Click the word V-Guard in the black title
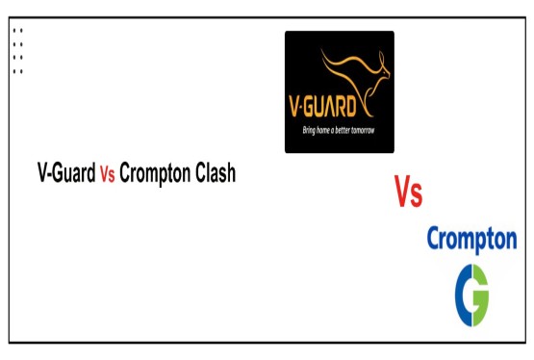65,174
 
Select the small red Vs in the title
107,175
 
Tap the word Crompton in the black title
154,175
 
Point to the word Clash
214,174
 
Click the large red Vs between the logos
408,192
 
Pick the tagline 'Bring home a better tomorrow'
339,130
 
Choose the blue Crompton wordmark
471,238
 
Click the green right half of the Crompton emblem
480,296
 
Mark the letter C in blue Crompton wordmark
434,238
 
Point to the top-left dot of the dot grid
14,30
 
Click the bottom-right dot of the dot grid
21,71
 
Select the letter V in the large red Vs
401,192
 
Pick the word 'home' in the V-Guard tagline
323,130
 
